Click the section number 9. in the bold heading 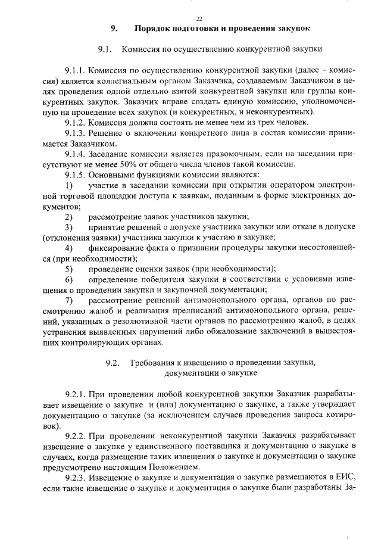click(114, 28)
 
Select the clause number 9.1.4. click(76, 154)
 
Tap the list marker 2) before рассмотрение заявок click(69, 216)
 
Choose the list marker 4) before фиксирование click(69, 247)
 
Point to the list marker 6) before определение click(69, 279)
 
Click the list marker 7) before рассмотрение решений click(69, 300)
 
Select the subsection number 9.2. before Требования click(113, 363)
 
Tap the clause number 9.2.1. click(76, 394)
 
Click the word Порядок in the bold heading click(153, 28)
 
